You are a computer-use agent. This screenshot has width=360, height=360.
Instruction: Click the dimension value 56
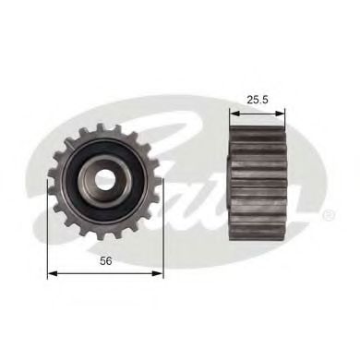(x=105, y=262)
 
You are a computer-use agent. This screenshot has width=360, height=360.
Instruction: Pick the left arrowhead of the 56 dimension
(x=52, y=272)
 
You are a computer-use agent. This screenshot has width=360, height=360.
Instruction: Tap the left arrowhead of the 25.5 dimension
(x=233, y=113)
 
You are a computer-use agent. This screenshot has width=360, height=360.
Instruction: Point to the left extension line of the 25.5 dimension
(x=229, y=120)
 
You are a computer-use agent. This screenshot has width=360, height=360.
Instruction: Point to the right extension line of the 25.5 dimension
(x=285, y=120)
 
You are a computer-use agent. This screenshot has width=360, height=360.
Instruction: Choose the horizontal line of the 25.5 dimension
(x=258, y=113)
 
